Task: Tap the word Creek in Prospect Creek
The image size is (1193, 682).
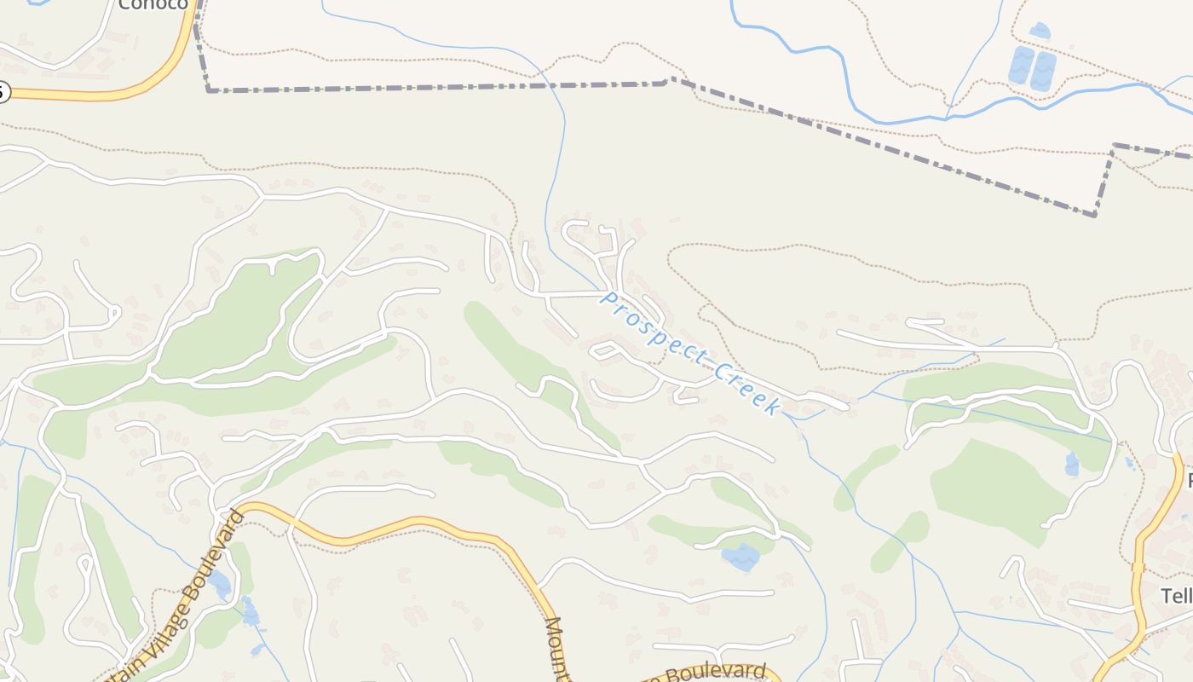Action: pos(746,389)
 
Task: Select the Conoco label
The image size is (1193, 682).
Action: pos(153,4)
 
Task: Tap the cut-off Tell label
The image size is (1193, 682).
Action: pos(1177,595)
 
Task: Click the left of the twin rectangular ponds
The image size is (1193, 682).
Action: pos(1021,66)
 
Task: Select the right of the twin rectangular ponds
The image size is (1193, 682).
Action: pos(1043,72)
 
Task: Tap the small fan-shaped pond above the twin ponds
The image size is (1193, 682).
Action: pos(1040,31)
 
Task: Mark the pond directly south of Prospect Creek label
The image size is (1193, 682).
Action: pos(741,557)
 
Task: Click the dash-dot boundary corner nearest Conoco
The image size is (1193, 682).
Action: pos(208,90)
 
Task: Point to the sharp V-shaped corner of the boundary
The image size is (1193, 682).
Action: pos(1095,214)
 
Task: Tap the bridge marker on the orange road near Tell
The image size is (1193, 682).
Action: pos(1137,567)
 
